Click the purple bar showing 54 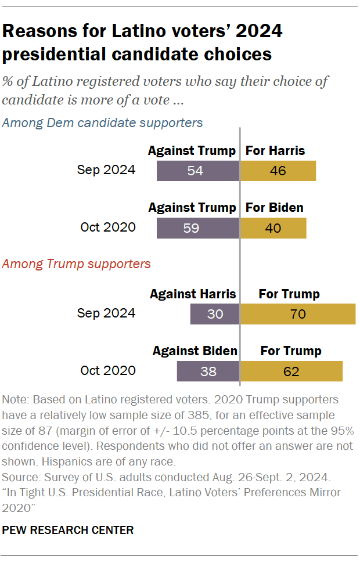(x=198, y=171)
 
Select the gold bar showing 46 (x=278, y=171)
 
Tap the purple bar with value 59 (x=198, y=228)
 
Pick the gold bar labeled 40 (x=273, y=228)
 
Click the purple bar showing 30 (x=215, y=314)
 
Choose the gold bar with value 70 (x=298, y=314)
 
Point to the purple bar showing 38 (x=208, y=371)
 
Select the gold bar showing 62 (x=291, y=371)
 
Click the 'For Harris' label (x=275, y=151)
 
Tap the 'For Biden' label (x=275, y=208)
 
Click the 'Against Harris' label (x=193, y=294)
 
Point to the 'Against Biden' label (x=195, y=351)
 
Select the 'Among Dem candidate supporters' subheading (x=103, y=122)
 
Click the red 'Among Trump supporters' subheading (x=76, y=264)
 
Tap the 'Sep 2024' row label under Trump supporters (x=106, y=313)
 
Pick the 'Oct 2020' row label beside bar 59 (x=108, y=227)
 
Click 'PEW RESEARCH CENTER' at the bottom (x=68, y=530)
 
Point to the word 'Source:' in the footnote (x=21, y=478)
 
